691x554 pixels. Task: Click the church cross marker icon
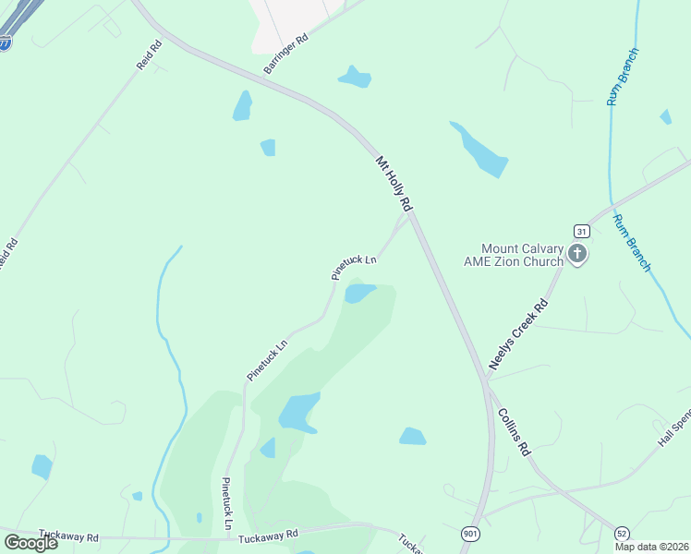click(577, 254)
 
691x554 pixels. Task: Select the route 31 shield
click(581, 231)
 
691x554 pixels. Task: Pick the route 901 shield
click(471, 535)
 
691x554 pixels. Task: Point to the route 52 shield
click(622, 534)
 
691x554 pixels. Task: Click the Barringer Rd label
click(285, 55)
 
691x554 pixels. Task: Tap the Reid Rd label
click(148, 58)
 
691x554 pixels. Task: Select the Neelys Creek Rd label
click(519, 334)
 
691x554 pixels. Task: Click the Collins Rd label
click(514, 431)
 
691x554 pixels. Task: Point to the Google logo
click(30, 542)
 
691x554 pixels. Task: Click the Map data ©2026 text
click(651, 547)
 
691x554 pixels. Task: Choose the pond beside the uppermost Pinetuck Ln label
click(358, 294)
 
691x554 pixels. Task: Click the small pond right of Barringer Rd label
click(355, 78)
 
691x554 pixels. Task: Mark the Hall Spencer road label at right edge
click(673, 428)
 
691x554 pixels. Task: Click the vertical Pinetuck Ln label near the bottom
click(227, 504)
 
